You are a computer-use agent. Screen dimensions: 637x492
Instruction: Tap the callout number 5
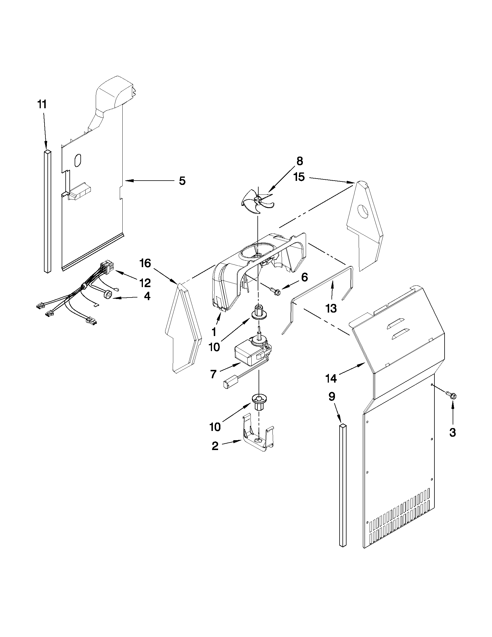pyautogui.click(x=182, y=181)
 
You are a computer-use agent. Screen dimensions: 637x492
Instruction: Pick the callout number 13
pyautogui.click(x=331, y=308)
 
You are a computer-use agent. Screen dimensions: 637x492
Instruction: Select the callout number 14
pyautogui.click(x=331, y=379)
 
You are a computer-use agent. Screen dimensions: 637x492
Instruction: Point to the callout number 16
pyautogui.click(x=145, y=263)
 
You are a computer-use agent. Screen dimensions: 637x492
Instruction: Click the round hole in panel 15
pyautogui.click(x=364, y=212)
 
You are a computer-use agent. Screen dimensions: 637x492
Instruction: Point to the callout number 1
pyautogui.click(x=214, y=332)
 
